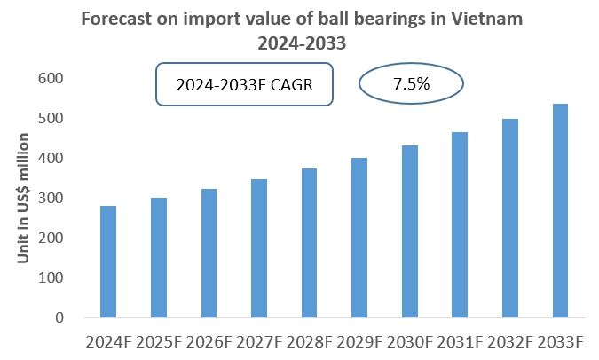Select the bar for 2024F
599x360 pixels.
pyautogui.click(x=108, y=262)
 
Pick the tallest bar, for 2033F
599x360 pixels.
pyautogui.click(x=560, y=211)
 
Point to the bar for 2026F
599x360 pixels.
pyautogui.click(x=209, y=254)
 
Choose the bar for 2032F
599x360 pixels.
pyautogui.click(x=509, y=218)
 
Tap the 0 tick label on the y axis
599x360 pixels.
pyautogui.click(x=58, y=317)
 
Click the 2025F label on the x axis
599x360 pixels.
pyautogui.click(x=158, y=341)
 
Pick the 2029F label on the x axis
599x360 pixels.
pyautogui.click(x=359, y=341)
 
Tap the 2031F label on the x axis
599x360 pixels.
pyautogui.click(x=459, y=341)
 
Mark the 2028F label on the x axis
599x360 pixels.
pyautogui.click(x=309, y=341)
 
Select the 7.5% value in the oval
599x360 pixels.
pyautogui.click(x=411, y=85)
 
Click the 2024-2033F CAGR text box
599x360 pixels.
pyautogui.click(x=244, y=85)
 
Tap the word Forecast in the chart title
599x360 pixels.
pyautogui.click(x=114, y=17)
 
